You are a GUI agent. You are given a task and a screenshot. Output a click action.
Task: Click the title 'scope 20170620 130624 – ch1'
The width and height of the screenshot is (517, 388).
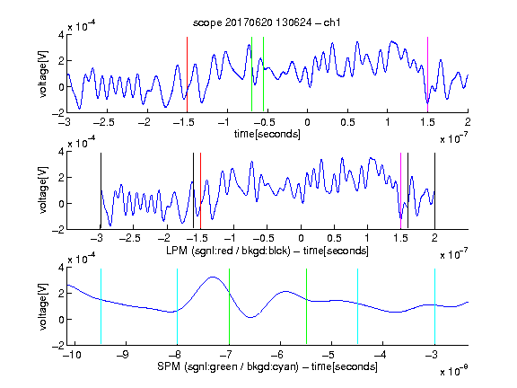(x=267, y=22)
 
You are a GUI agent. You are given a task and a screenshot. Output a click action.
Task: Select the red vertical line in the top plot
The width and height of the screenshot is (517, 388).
(x=187, y=75)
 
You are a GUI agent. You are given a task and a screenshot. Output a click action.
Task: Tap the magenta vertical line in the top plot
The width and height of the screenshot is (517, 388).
(x=427, y=75)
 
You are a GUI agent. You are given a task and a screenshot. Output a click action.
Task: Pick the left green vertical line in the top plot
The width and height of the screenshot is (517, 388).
(x=251, y=75)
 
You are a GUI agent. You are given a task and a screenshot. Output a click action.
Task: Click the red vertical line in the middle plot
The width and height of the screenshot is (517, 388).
(x=200, y=190)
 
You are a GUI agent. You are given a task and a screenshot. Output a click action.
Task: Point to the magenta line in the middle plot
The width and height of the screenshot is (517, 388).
(x=400, y=190)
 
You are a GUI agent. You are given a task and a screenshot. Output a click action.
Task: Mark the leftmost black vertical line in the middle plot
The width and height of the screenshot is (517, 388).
(x=101, y=190)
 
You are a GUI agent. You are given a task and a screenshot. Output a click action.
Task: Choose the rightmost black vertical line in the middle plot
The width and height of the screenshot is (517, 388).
(x=434, y=190)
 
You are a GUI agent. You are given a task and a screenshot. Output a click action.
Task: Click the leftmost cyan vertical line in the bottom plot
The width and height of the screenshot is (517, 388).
(x=101, y=306)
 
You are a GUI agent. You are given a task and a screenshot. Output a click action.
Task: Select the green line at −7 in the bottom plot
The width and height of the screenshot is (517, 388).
(x=229, y=306)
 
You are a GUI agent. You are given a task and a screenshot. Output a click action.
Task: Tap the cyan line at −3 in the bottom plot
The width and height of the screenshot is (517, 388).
(x=434, y=306)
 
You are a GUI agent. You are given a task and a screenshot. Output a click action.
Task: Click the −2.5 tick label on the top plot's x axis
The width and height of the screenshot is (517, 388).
(x=103, y=122)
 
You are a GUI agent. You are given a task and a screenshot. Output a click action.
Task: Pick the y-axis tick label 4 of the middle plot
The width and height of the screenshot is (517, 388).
(x=61, y=152)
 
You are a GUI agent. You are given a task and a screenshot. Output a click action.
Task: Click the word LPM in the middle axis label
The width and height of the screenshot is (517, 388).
(x=177, y=251)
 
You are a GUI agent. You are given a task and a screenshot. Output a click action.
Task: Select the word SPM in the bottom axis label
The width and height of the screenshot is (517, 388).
(x=169, y=366)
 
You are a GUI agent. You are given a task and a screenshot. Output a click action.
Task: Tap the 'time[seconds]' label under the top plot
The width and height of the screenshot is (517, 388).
(x=267, y=134)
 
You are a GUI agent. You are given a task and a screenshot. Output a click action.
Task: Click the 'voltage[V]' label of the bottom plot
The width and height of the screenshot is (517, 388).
(x=43, y=307)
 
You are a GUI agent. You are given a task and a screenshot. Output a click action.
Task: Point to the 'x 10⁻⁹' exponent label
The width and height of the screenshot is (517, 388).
(x=454, y=371)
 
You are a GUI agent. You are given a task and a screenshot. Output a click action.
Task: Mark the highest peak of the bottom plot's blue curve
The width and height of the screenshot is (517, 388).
(x=213, y=278)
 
